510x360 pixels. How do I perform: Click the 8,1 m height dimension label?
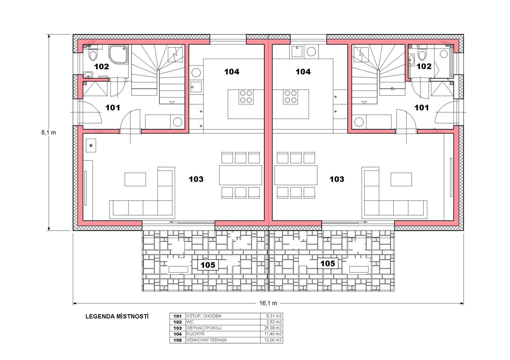(x=48, y=132)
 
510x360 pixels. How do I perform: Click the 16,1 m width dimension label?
(x=268, y=303)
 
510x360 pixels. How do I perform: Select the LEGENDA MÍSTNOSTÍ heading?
(x=117, y=316)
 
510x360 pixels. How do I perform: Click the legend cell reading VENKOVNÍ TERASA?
(x=207, y=340)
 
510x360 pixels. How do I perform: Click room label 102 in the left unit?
(x=101, y=66)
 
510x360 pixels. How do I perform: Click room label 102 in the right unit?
(x=424, y=66)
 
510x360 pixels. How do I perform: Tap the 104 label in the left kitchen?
(x=232, y=72)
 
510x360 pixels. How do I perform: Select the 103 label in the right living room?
(x=337, y=179)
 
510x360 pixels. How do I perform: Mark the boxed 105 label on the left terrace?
(x=208, y=265)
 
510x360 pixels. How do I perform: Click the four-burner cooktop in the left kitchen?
(x=246, y=97)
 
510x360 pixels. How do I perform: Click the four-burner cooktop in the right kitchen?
(x=290, y=97)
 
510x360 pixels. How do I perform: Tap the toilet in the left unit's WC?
(x=93, y=55)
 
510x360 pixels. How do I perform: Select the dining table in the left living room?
(x=240, y=175)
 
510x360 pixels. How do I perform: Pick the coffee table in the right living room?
(x=401, y=179)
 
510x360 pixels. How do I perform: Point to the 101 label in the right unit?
(x=422, y=108)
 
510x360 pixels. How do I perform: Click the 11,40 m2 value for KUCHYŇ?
(x=273, y=334)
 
